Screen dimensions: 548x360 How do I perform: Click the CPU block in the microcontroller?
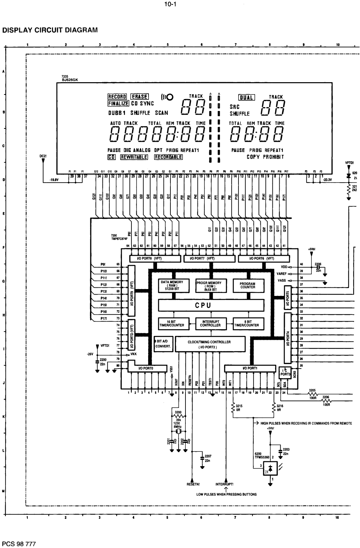click(211, 305)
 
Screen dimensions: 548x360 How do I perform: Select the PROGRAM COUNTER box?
click(247, 285)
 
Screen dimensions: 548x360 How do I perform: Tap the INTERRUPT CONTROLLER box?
click(210, 323)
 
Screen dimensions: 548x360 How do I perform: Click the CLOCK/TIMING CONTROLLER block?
click(209, 344)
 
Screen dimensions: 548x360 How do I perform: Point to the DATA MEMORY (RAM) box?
click(172, 285)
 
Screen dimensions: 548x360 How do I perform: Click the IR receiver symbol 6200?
click(270, 468)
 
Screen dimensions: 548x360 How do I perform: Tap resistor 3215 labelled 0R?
click(233, 407)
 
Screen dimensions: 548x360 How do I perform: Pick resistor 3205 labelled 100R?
click(312, 394)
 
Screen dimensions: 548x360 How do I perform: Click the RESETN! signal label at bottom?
click(193, 484)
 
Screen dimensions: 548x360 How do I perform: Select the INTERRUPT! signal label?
click(224, 484)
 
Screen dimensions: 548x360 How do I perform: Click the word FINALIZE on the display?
click(118, 103)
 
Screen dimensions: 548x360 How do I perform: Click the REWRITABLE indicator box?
click(134, 157)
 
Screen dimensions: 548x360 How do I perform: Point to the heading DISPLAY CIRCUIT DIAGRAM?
click(50, 30)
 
